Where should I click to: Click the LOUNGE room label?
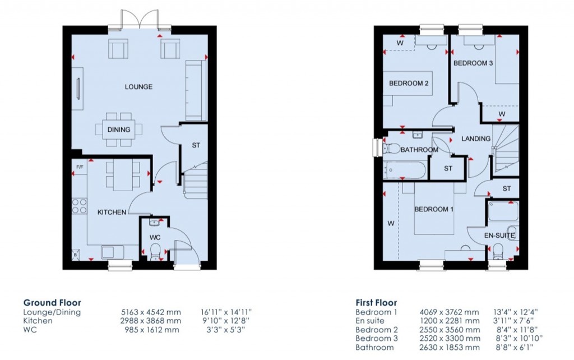138,87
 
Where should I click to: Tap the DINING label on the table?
119,130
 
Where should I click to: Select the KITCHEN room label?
112,212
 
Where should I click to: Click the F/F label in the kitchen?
79,168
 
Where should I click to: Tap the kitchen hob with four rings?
79,205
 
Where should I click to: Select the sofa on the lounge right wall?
196,90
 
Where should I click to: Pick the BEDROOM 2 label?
409,84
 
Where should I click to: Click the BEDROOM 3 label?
473,63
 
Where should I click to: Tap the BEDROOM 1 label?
433,209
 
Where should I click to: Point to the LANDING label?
475,139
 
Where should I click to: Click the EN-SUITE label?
499,236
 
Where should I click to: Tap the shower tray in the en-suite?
503,212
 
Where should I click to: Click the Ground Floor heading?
52,302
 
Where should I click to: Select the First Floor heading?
376,302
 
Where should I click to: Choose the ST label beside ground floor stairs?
196,145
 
